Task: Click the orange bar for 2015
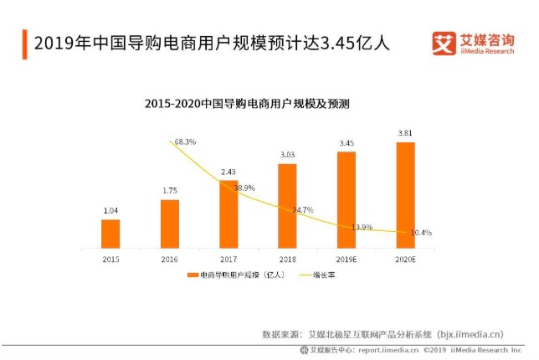click(110, 234)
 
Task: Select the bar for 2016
click(170, 224)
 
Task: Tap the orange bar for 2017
click(228, 213)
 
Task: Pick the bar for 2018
click(287, 205)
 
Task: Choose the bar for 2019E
click(346, 199)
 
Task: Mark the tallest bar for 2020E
click(405, 194)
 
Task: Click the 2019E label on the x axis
click(346, 260)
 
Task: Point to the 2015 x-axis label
click(110, 260)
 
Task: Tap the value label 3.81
click(405, 134)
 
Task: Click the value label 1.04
click(110, 211)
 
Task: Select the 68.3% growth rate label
click(184, 142)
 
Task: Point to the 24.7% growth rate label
click(302, 209)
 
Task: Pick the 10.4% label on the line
click(421, 233)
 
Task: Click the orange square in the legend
click(192, 275)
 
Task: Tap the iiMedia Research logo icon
click(444, 43)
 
